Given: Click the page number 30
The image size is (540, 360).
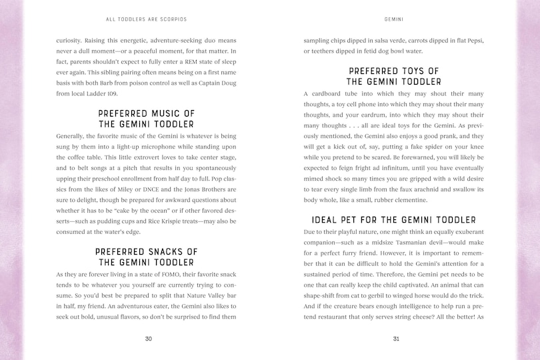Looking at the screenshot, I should tap(148, 339).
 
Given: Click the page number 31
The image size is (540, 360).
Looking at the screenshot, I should tap(396, 339).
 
